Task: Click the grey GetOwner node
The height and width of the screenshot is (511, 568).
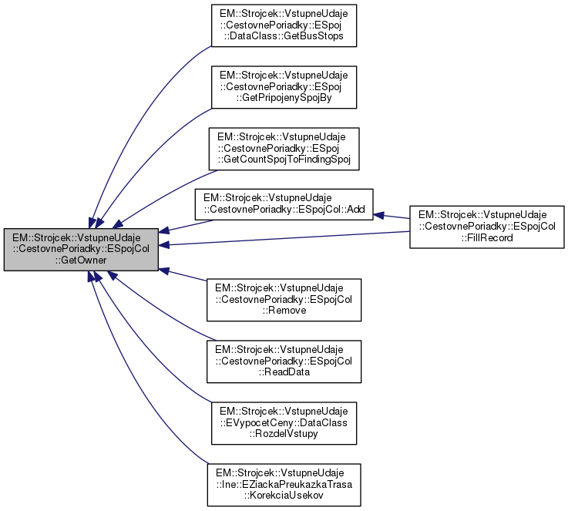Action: click(81, 249)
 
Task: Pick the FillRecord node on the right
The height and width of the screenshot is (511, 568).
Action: click(487, 227)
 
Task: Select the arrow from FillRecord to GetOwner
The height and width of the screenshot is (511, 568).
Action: click(285, 239)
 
